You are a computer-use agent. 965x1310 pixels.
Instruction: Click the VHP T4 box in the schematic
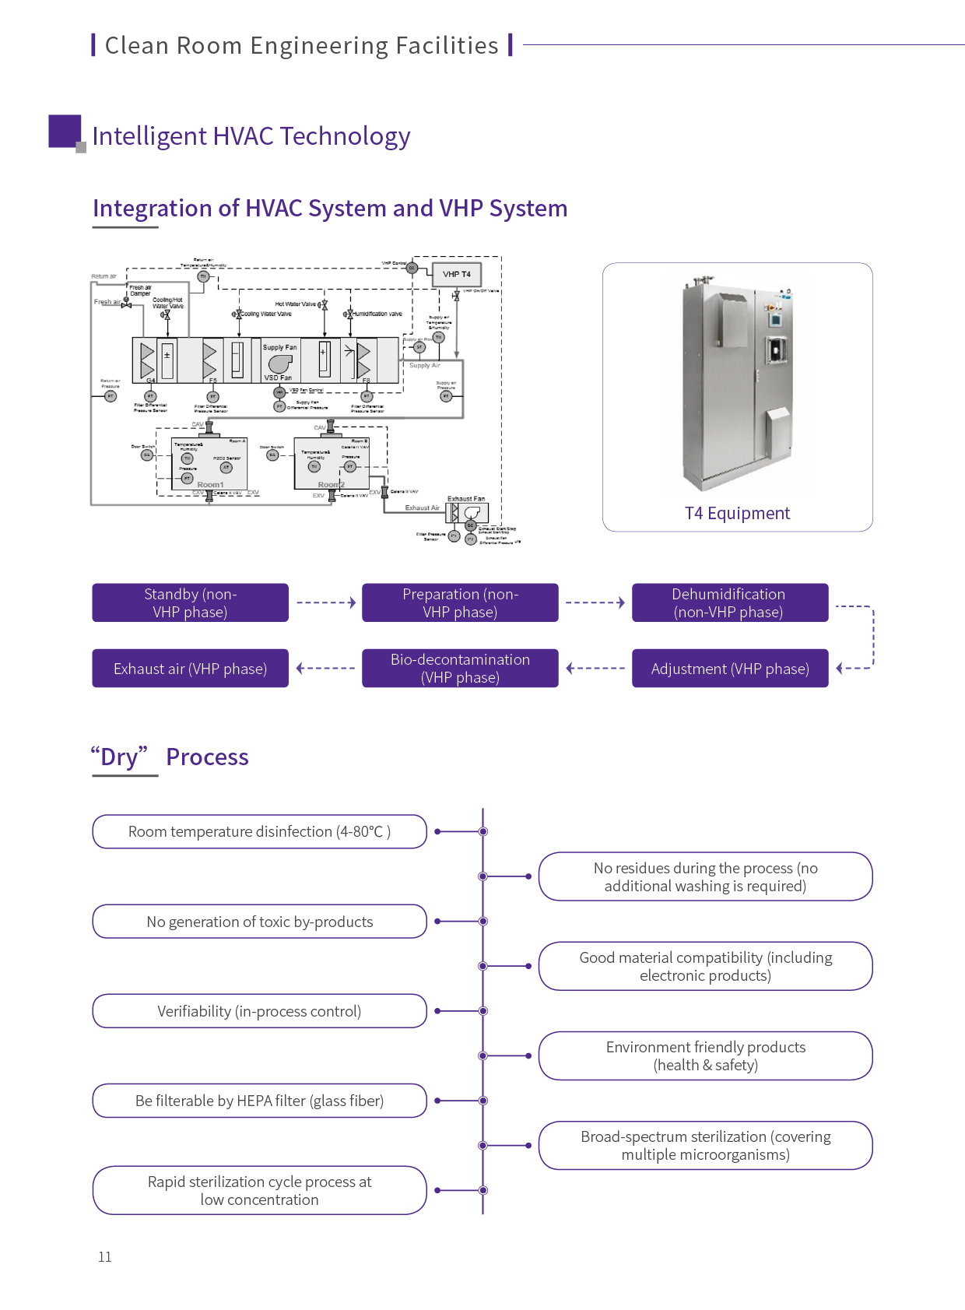457,275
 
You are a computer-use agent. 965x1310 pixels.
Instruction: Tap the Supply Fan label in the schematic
279,347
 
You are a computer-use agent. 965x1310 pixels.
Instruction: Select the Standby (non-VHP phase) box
190,602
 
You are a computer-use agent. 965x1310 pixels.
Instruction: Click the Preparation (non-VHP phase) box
460,602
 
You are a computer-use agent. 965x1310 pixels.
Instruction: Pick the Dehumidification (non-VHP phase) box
729,602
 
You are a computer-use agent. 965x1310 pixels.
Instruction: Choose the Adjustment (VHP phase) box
729,669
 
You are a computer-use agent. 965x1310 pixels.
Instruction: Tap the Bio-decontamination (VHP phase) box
460,669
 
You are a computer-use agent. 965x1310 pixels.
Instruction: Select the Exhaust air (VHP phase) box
190,669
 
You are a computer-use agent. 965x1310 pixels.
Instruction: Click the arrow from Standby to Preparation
326,602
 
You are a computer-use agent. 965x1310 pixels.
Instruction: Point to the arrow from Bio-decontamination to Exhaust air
326,668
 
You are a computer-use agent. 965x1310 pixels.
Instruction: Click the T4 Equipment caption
737,514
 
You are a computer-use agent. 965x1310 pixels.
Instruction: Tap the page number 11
105,1256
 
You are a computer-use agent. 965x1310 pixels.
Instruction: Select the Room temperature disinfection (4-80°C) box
259,831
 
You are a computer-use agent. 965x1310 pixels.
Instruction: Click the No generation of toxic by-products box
259,922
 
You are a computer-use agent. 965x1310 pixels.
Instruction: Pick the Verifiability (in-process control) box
259,1011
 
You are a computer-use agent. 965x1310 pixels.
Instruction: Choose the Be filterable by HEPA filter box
259,1101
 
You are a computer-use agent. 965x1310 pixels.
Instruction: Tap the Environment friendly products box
705,1055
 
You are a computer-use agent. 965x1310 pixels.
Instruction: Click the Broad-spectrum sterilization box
705,1145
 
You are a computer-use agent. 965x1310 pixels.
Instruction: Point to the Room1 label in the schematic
210,485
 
